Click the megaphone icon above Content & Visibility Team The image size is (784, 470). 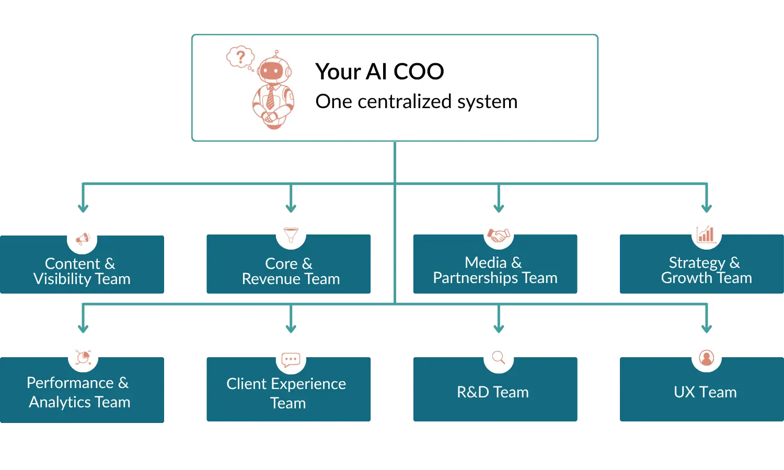coord(83,239)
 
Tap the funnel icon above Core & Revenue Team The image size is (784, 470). coord(291,234)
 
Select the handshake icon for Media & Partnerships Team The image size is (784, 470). coord(498,234)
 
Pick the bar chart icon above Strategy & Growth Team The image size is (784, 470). coord(706,234)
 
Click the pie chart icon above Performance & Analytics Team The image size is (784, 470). coord(83,357)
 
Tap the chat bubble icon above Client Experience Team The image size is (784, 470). coord(291,359)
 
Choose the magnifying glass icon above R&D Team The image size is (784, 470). coord(498,358)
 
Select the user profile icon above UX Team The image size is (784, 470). coord(706,358)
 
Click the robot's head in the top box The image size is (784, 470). coord(272,70)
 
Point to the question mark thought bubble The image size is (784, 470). coord(240,56)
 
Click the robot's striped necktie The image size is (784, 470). coord(270,98)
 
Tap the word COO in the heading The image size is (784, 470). coord(419,72)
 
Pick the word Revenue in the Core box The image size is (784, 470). coord(271,279)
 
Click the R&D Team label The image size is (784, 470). coord(492,392)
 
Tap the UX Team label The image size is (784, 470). coord(705,392)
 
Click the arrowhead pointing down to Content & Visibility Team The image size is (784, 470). coord(83,208)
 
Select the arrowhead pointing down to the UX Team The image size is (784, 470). coord(706,327)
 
